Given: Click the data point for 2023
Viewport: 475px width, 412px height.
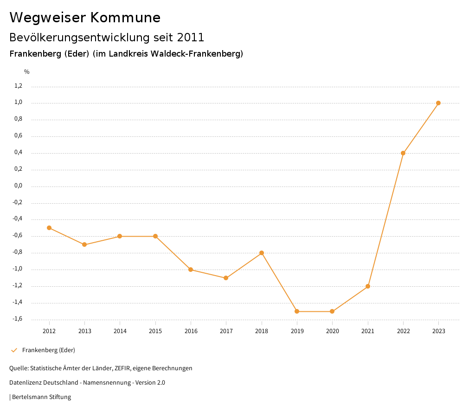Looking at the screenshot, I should (x=438, y=103).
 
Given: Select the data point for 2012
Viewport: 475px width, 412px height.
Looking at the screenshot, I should (x=49, y=228).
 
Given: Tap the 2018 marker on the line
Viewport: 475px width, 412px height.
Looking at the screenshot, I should (x=262, y=253).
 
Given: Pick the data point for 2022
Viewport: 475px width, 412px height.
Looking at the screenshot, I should (x=403, y=153).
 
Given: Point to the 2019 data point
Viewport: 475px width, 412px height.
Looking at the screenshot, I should (x=297, y=311).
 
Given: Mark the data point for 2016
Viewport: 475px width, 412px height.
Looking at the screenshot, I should (x=191, y=270).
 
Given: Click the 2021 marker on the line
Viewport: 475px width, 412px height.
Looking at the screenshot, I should (x=368, y=286).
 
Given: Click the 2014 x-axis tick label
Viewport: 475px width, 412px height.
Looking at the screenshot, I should (x=120, y=331).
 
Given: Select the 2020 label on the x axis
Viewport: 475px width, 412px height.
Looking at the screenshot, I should (x=333, y=331).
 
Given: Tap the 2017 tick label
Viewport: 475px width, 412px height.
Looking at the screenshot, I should (x=226, y=331).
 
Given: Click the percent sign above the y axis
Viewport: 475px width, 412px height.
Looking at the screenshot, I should (x=27, y=72).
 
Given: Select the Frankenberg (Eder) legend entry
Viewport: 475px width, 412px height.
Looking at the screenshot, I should (x=48, y=350).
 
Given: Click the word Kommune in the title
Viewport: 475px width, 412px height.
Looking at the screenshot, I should (x=125, y=18).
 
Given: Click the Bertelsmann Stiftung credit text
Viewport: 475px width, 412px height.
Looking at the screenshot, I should (x=41, y=397).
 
